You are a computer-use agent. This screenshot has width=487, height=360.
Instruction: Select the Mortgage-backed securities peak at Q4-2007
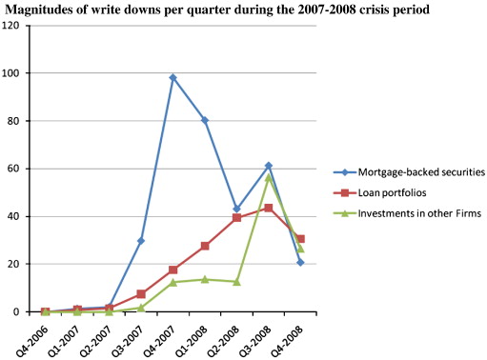click(x=173, y=78)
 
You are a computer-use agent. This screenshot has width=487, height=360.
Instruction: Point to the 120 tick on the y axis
click(x=14, y=25)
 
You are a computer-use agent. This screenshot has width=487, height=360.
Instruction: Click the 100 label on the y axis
click(x=14, y=72)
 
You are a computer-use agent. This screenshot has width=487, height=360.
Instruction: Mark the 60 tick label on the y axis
click(x=16, y=169)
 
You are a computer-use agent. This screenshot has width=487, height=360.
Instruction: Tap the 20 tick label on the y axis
click(x=16, y=264)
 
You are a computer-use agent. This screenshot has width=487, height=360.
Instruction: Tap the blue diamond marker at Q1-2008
click(x=205, y=120)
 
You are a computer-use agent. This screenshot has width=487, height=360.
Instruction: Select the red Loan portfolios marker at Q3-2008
click(x=269, y=208)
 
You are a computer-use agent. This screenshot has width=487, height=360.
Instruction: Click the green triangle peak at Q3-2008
click(x=269, y=176)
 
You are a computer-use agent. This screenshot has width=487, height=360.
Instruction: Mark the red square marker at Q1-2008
click(x=205, y=246)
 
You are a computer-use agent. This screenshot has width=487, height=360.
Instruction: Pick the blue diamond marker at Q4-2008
click(x=300, y=262)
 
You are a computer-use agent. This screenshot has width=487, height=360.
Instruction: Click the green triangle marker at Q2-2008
click(x=236, y=282)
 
